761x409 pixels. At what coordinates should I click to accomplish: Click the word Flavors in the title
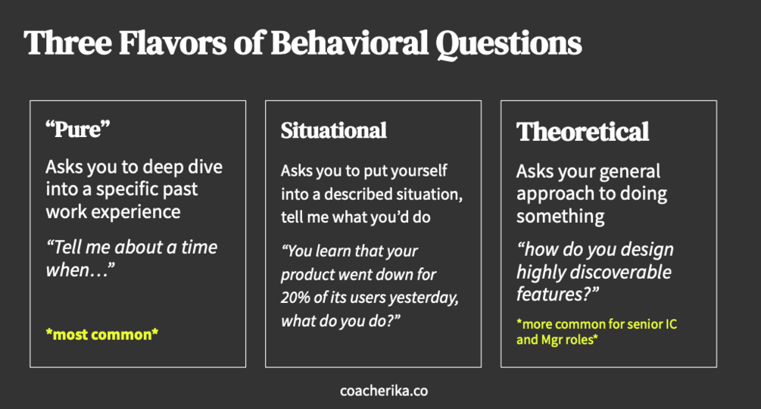pyautogui.click(x=173, y=42)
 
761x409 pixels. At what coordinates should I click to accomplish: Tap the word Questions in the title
pyautogui.click(x=508, y=45)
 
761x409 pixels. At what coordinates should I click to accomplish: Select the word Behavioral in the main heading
pyautogui.click(x=349, y=42)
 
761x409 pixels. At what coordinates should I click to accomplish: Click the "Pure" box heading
pyautogui.click(x=78, y=129)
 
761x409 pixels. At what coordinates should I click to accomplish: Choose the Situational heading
pyautogui.click(x=333, y=130)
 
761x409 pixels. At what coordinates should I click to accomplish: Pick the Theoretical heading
pyautogui.click(x=582, y=132)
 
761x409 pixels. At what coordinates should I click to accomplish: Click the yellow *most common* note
pyautogui.click(x=102, y=334)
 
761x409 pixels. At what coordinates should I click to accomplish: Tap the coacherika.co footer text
pyautogui.click(x=384, y=391)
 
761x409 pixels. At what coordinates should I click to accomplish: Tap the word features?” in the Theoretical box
pyautogui.click(x=557, y=294)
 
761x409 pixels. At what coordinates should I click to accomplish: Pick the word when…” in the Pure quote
pyautogui.click(x=80, y=270)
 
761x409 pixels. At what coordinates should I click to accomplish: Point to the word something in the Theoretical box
pyautogui.click(x=560, y=217)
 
